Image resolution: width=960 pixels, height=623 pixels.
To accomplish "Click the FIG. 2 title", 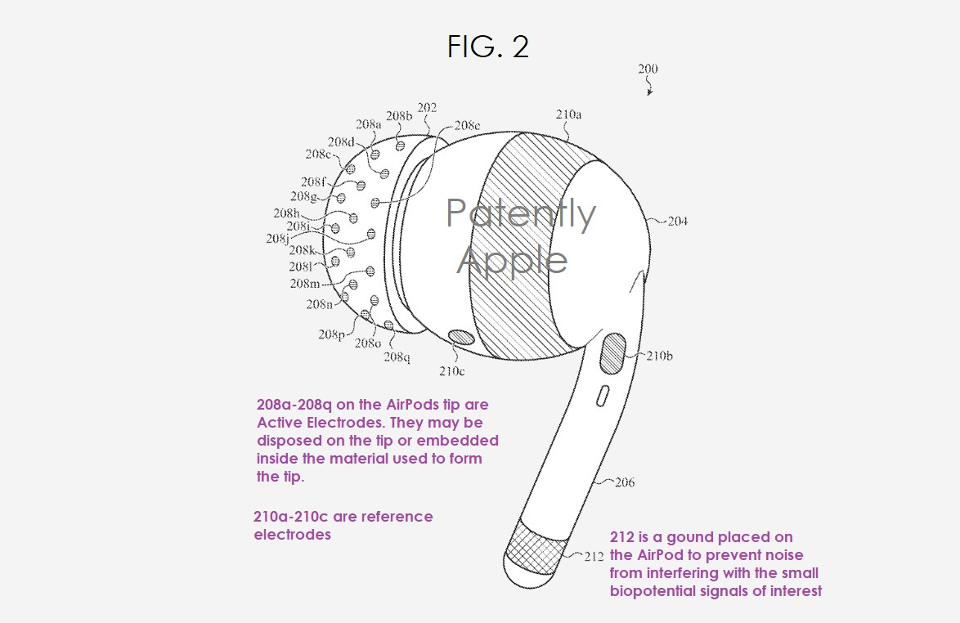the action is point(488,47).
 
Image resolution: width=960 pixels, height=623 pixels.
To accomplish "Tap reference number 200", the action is point(648,69).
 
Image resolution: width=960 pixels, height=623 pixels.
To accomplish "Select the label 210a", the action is point(568,115).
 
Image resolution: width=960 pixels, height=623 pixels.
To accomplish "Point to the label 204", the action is point(676,221).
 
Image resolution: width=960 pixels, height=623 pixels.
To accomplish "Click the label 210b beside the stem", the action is point(658,356).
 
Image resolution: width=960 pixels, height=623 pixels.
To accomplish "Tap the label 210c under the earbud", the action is point(451,372).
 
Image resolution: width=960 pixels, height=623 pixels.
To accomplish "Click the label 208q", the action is point(397,356).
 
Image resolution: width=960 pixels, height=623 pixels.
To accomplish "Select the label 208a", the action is point(369,125).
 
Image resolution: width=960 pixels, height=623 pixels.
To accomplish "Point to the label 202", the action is point(427,108).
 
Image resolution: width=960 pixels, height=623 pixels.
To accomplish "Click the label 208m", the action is point(305,284).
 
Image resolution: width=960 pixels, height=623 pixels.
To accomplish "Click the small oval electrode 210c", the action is point(464,338).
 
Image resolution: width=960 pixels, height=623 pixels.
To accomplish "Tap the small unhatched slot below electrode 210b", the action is point(602,396).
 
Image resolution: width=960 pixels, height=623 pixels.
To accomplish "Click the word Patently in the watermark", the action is point(520,213).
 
